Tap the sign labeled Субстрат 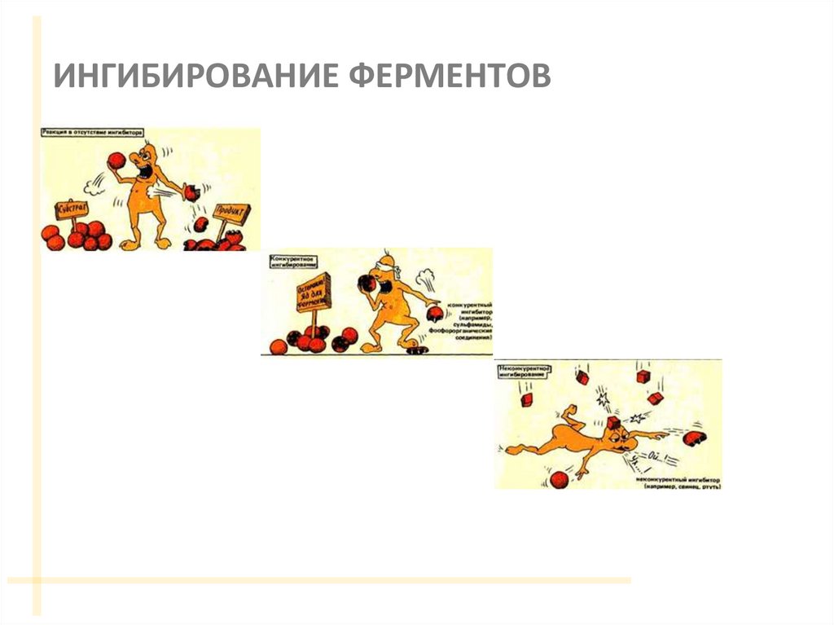pyautogui.click(x=72, y=209)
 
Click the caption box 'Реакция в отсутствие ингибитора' pyautogui.click(x=93, y=131)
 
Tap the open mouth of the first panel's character pyautogui.click(x=149, y=174)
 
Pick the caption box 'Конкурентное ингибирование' pyautogui.click(x=294, y=259)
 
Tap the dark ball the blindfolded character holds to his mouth pyautogui.click(x=367, y=283)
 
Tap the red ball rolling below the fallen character pyautogui.click(x=559, y=479)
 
